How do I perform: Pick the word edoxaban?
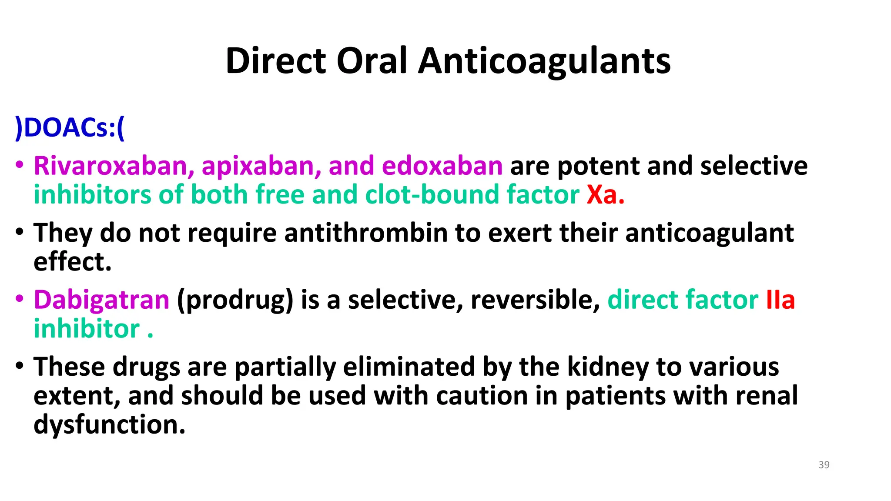tap(442, 166)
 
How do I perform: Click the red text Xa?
tap(602, 195)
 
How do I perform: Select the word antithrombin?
tap(366, 233)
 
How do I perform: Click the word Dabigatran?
tap(101, 300)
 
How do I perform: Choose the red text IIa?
tap(780, 300)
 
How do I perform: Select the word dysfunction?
tap(109, 424)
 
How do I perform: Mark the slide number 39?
tap(824, 465)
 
